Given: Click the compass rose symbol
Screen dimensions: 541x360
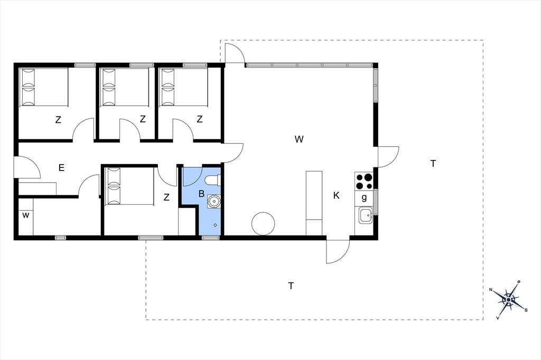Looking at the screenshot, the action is pos(508,300).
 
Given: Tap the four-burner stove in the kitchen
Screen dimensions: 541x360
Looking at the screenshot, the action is pos(364,182).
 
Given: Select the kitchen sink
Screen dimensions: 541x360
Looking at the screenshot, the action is pos(365,215).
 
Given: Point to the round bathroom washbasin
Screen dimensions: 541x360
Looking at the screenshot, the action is pos(214,201).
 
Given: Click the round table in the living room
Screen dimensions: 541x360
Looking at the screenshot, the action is pos(263,224).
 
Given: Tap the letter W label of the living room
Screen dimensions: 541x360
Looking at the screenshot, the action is pos(299,139).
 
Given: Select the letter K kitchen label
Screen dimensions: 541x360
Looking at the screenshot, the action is pos(337,195).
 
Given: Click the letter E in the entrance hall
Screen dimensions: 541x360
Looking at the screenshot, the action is pos(61,168).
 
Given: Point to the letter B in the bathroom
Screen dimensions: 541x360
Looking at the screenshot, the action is pos(201,194).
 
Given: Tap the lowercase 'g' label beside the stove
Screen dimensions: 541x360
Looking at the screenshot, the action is pos(364,198).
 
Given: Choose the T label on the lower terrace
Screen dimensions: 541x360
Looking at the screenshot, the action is pos(291,286).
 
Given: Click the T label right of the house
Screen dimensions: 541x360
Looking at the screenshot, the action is pos(433,164).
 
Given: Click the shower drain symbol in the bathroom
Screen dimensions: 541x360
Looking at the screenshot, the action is pos(216,225).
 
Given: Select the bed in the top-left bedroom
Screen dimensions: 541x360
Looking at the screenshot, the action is pos(44,87).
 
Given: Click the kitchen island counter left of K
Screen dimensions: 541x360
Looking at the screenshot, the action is pos(314,203).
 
